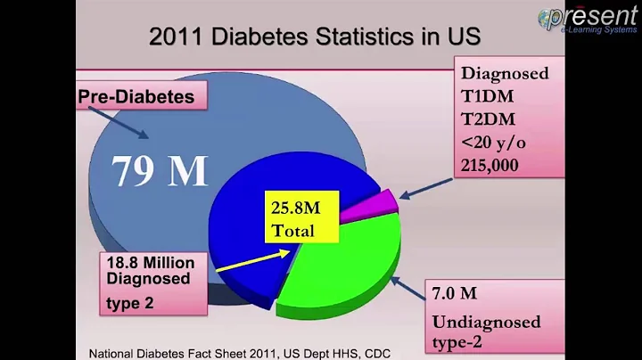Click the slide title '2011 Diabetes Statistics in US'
click(315, 37)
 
